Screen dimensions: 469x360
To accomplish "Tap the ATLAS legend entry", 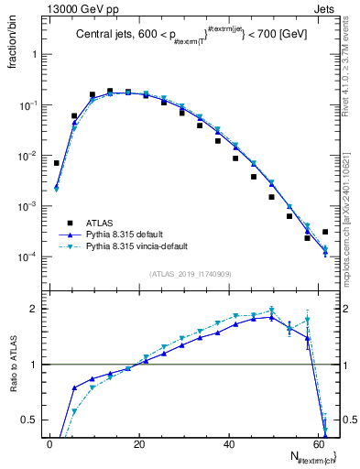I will (x=105, y=222).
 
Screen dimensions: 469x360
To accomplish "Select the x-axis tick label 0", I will (x=49, y=444).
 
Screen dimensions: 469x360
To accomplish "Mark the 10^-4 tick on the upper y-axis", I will (x=30, y=257).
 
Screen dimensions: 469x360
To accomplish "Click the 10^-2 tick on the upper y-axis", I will (x=30, y=157).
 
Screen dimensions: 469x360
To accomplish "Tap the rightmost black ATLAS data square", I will (x=325, y=232).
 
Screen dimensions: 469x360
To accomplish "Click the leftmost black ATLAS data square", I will (x=57, y=163).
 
